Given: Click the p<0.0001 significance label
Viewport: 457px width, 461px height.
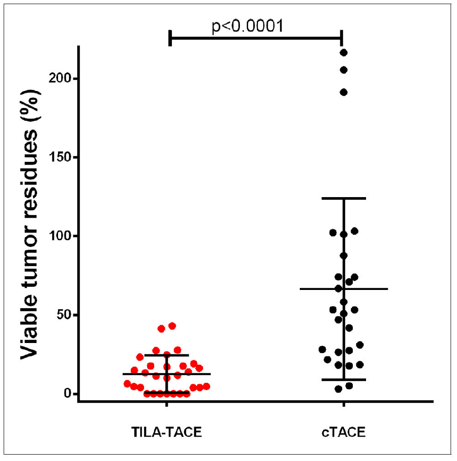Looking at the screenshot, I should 248,26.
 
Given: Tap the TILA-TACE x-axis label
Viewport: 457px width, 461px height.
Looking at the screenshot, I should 166,432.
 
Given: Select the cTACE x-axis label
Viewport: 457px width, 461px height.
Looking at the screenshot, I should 343,432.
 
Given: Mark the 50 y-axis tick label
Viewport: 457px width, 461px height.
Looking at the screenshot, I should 64,315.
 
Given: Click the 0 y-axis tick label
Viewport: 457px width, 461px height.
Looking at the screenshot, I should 68,394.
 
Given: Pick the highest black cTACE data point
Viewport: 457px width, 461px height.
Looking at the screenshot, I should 344,53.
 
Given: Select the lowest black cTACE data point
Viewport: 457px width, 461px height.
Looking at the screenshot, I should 339,389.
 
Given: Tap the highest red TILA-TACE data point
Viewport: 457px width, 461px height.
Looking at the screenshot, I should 172,326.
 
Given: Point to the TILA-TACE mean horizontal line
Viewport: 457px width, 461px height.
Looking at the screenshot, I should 192,374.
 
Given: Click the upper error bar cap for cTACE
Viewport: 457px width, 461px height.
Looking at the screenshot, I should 344,198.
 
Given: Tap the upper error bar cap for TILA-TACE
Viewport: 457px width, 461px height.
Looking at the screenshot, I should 166,355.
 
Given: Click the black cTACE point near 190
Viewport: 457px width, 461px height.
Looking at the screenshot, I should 344,92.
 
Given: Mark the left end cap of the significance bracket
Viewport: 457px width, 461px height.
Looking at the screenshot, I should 170,38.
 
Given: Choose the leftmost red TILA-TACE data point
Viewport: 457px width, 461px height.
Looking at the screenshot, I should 128,384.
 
